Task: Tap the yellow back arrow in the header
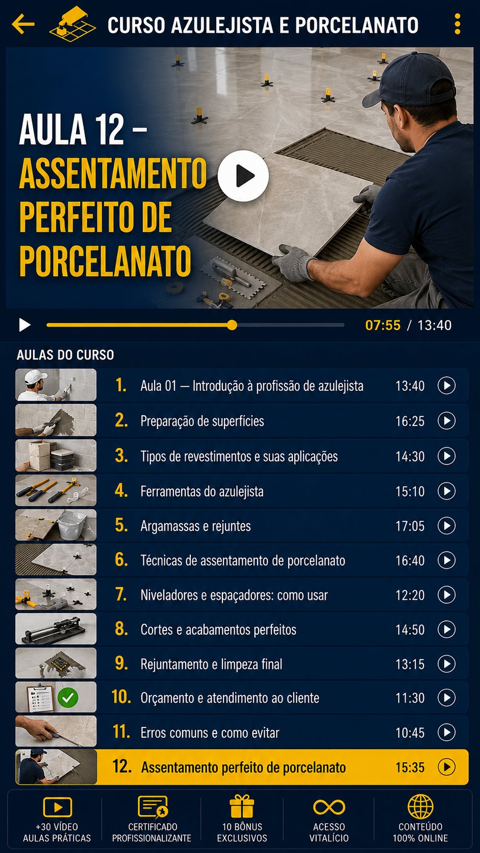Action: [23, 23]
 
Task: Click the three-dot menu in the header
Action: [457, 24]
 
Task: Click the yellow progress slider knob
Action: [232, 325]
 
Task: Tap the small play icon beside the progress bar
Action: [25, 325]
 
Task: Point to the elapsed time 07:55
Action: [383, 325]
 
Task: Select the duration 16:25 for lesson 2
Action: [410, 421]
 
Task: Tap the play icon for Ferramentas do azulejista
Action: [446, 491]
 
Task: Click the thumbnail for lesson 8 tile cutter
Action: [56, 629]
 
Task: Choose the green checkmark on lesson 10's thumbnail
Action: [68, 697]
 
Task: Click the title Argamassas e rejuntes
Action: [196, 526]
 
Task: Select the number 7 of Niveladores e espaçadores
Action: [121, 594]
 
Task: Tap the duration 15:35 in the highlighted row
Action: [410, 767]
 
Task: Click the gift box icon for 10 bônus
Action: [242, 806]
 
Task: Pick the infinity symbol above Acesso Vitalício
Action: [329, 807]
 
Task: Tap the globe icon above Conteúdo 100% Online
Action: [420, 807]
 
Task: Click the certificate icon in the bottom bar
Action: [153, 807]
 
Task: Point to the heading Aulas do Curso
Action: [65, 355]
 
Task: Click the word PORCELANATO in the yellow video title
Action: [105, 261]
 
